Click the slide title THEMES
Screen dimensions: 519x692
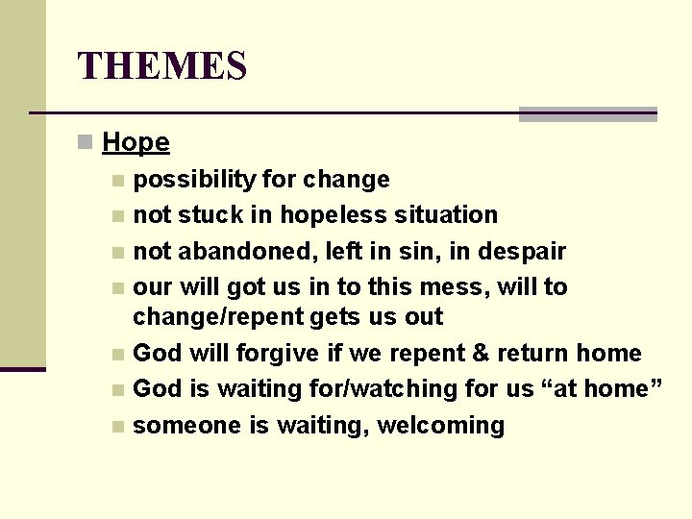(x=162, y=66)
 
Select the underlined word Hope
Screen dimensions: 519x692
(x=136, y=142)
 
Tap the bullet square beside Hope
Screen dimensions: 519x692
(x=86, y=143)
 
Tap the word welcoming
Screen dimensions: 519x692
(x=440, y=426)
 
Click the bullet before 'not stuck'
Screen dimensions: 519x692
(x=117, y=216)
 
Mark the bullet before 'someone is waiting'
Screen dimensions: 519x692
(x=117, y=427)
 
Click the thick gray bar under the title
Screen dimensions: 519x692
(x=587, y=114)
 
